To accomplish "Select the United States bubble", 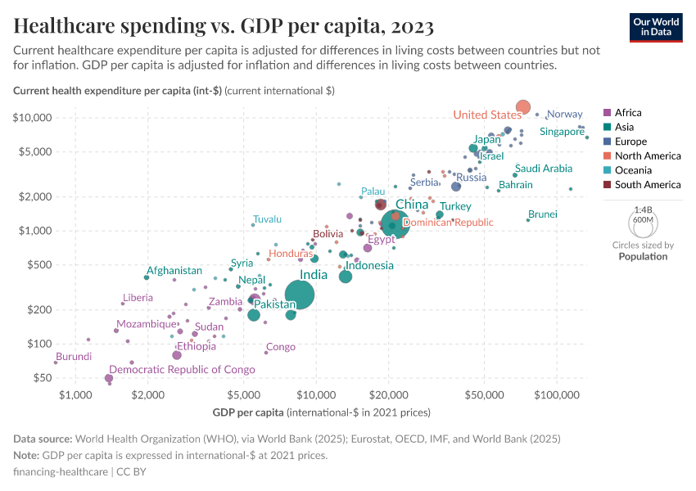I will [x=523, y=107].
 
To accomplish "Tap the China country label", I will [x=412, y=205].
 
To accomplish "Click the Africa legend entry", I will [x=628, y=113].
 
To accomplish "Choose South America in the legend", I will [x=646, y=185].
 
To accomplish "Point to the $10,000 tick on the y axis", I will [x=34, y=118].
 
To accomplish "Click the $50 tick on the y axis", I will [x=41, y=378].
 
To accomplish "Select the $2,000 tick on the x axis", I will [x=147, y=395].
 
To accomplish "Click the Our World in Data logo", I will [x=656, y=26].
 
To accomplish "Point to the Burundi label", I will [x=74, y=357].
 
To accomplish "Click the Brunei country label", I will [x=543, y=214].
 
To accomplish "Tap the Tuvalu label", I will [x=268, y=219].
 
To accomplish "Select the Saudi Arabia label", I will [x=544, y=169].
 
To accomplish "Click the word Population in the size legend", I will [x=643, y=256].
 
